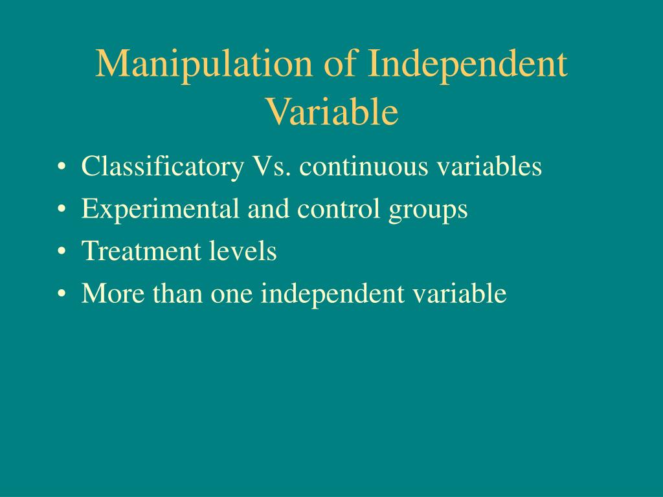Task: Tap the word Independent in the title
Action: click(x=467, y=65)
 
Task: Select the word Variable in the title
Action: click(x=331, y=111)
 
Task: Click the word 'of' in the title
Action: click(x=342, y=65)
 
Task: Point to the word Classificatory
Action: click(x=161, y=167)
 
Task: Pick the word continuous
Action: click(x=363, y=167)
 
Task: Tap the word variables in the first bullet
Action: click(x=488, y=167)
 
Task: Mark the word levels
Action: click(x=243, y=251)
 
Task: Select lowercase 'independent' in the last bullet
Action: click(x=331, y=294)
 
